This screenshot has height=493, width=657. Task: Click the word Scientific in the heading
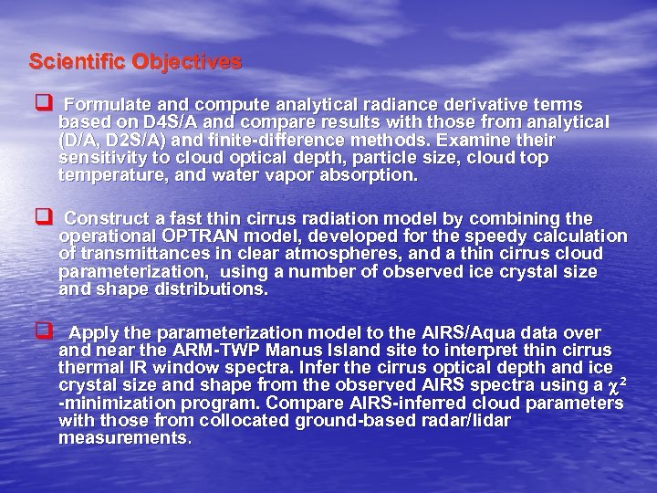click(77, 62)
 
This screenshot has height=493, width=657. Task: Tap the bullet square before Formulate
click(41, 104)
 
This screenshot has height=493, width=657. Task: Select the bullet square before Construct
click(41, 218)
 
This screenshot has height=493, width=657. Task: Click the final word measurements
click(124, 437)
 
